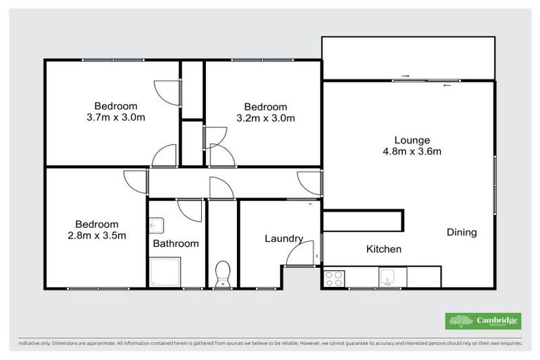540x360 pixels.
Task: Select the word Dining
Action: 461,232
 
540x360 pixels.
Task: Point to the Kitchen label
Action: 384,249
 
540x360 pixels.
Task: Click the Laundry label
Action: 283,238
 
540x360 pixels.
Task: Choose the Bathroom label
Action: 176,243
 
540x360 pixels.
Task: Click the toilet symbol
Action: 223,273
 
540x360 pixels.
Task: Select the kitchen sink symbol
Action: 388,277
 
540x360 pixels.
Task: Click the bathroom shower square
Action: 165,272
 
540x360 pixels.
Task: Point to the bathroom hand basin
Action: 156,226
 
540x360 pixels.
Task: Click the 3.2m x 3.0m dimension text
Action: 266,117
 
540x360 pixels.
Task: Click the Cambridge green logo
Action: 484,321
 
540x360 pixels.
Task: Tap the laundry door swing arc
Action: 298,255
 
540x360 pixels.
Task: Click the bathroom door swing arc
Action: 190,210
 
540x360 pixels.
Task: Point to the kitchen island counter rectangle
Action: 363,220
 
